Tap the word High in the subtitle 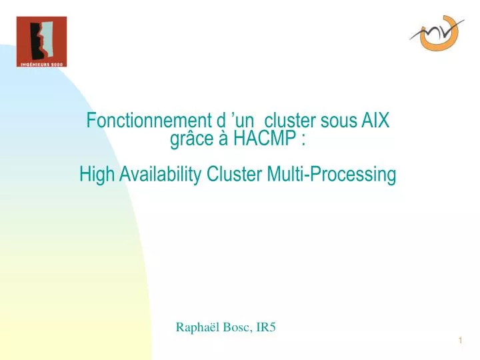(x=95, y=175)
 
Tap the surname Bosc (x=238, y=327)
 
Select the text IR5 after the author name (x=267, y=327)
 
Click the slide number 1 (x=461, y=342)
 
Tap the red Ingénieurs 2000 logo (x=41, y=38)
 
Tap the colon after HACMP (x=304, y=141)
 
